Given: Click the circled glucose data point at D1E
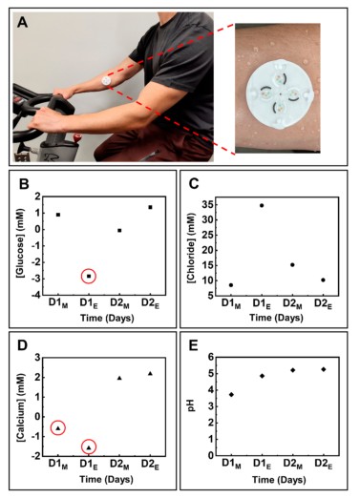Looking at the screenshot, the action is click(x=89, y=277).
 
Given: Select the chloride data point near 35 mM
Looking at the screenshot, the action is click(x=262, y=205).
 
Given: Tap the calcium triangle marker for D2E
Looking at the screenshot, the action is click(x=150, y=373).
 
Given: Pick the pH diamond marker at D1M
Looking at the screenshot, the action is click(x=231, y=395).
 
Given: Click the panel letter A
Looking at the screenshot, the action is click(x=22, y=23).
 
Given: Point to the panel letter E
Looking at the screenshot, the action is click(x=193, y=345).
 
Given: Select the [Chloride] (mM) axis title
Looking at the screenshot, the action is click(x=191, y=247).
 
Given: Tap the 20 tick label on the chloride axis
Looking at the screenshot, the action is click(x=207, y=250).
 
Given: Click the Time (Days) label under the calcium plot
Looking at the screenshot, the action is click(x=106, y=479).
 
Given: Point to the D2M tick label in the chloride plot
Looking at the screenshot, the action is click(x=292, y=303).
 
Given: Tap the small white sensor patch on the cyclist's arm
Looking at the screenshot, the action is click(x=106, y=81).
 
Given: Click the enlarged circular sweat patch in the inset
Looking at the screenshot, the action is click(x=279, y=94).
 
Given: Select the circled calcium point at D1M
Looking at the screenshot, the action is click(x=58, y=428).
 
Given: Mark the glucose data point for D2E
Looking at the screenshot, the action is click(x=150, y=207).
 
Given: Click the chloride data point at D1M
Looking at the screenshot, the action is click(x=231, y=285).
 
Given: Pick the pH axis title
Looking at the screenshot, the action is click(x=191, y=406).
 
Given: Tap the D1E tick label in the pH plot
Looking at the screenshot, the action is click(x=262, y=465).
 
